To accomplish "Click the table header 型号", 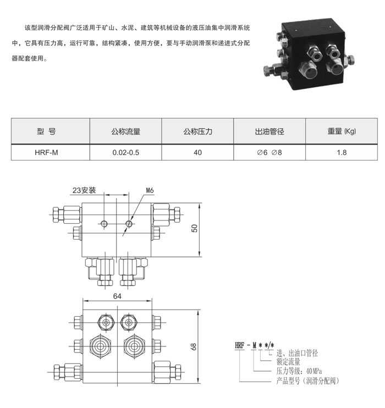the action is [x=46, y=131].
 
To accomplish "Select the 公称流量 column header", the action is [x=126, y=131].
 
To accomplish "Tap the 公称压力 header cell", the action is [x=197, y=131].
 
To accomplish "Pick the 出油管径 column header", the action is [x=269, y=131].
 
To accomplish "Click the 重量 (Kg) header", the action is [x=342, y=131].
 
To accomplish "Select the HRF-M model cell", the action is [x=46, y=152].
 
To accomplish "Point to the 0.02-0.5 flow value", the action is [x=126, y=152].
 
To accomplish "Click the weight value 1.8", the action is [x=342, y=152].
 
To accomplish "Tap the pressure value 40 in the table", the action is [x=197, y=152].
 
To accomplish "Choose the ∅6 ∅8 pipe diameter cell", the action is [x=269, y=152].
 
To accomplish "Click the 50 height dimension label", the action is [x=195, y=228].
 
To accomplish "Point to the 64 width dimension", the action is [x=117, y=296].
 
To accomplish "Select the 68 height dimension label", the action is [x=194, y=346].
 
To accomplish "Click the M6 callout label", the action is [x=150, y=190].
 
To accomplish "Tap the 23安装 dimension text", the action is [x=84, y=190].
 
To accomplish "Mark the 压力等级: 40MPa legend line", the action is [x=299, y=371].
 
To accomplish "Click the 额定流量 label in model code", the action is [x=288, y=362].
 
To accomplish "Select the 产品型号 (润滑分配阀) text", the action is [x=307, y=381].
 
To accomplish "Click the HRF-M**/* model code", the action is [x=254, y=345].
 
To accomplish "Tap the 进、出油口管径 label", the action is [x=297, y=353].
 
